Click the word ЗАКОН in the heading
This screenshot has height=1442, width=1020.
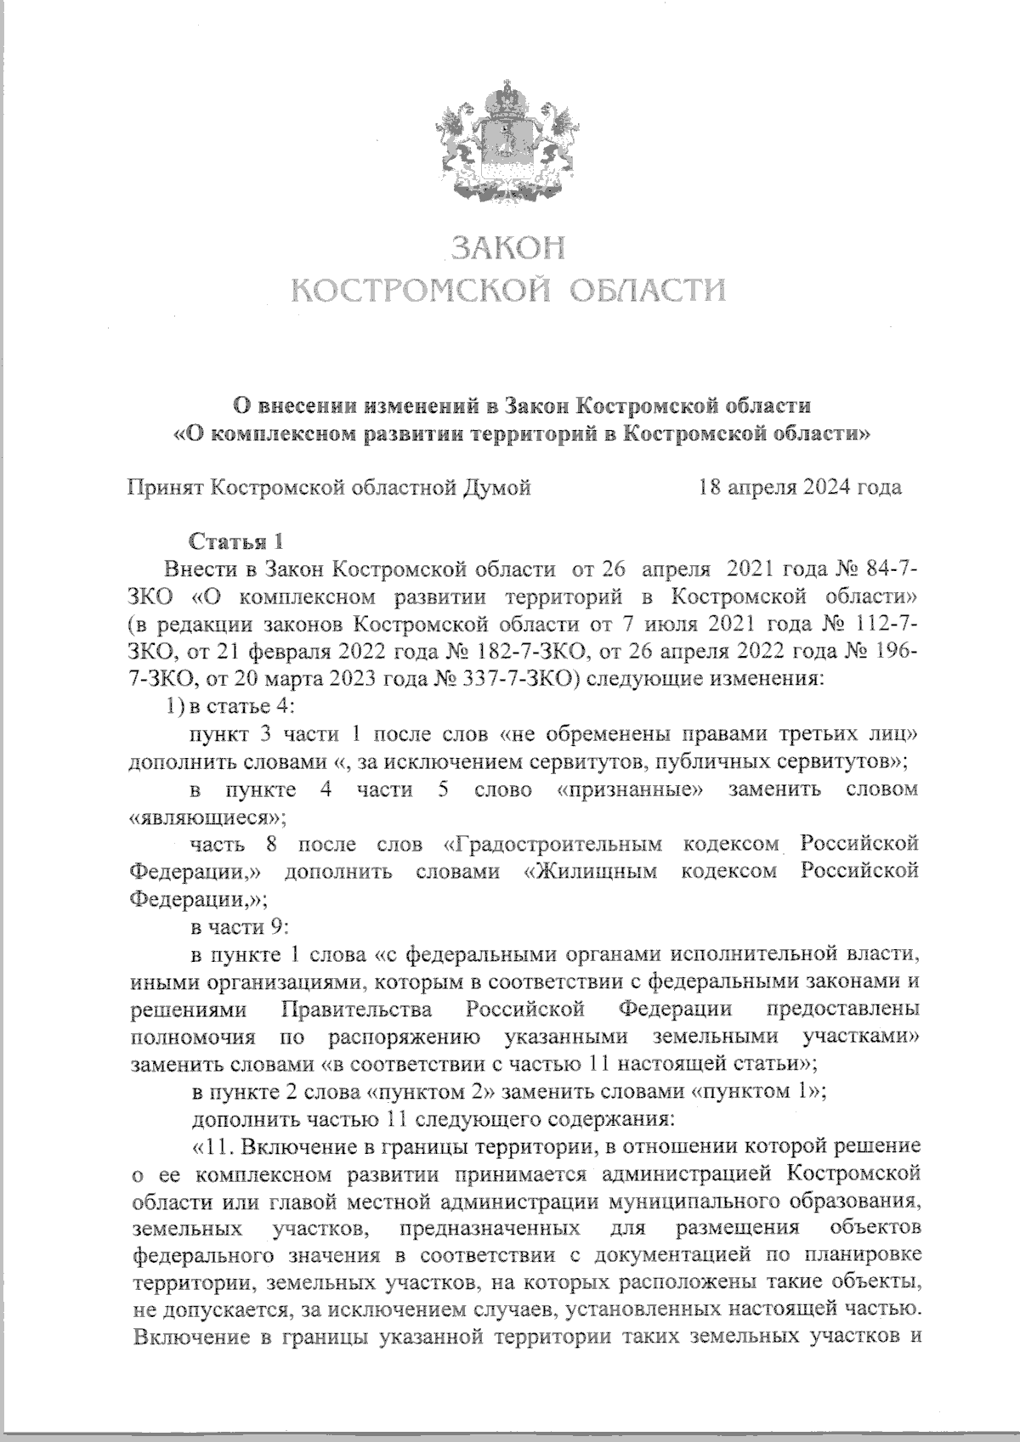tap(507, 247)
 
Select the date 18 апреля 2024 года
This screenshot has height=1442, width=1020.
tap(799, 488)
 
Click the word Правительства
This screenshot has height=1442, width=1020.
tap(356, 1010)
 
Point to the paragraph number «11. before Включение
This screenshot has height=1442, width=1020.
tap(213, 1147)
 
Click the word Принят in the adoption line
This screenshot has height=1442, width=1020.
tap(164, 488)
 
